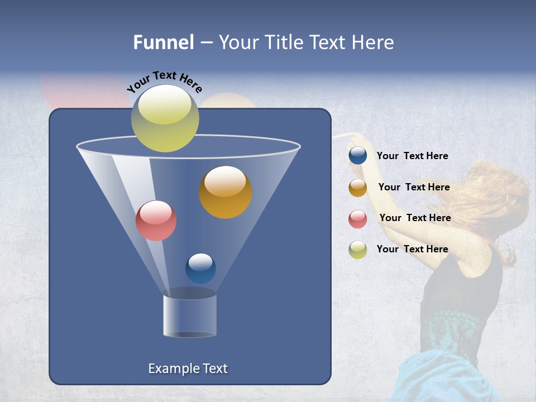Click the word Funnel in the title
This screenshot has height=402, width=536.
[x=164, y=42]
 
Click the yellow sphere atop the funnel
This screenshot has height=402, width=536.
[x=165, y=118]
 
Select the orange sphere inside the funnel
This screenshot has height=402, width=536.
[x=226, y=192]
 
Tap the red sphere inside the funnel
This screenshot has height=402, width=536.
[x=156, y=221]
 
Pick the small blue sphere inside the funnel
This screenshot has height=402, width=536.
[x=200, y=269]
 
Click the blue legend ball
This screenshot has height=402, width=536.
[x=358, y=156]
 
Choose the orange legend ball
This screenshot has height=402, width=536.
[x=358, y=188]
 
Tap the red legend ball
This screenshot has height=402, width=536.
[x=358, y=219]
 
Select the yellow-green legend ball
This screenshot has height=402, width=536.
[x=358, y=250]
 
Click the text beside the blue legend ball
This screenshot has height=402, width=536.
[x=412, y=156]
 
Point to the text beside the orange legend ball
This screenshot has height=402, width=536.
[x=414, y=188]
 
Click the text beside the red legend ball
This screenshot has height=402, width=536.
[x=415, y=218]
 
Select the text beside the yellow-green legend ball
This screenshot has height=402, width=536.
[x=412, y=250]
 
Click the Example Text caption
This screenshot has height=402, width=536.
[x=188, y=368]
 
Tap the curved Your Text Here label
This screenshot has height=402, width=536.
[x=164, y=82]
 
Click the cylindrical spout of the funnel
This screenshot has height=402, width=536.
[x=190, y=315]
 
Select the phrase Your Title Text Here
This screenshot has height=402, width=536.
[x=306, y=42]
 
